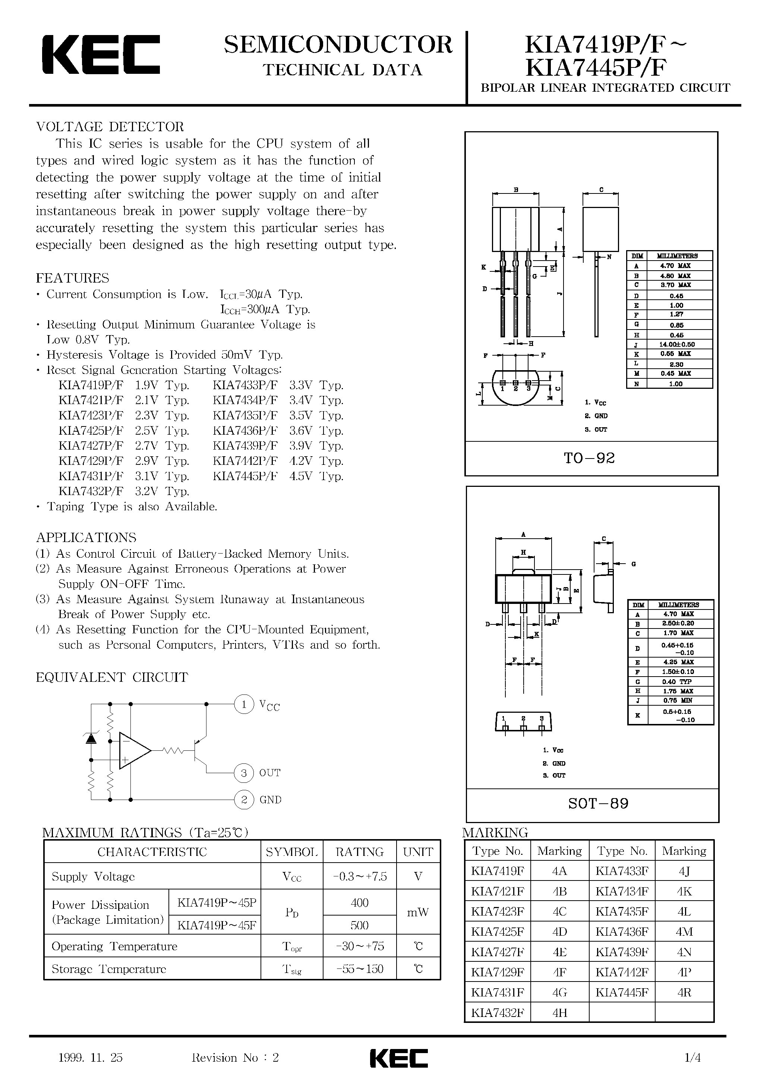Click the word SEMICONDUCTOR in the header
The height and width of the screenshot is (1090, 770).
pyautogui.click(x=338, y=45)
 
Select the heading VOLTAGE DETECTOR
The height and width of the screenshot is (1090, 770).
pyautogui.click(x=110, y=127)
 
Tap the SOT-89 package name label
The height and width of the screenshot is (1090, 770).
pyautogui.click(x=598, y=803)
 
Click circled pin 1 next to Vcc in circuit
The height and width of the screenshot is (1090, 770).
pyautogui.click(x=244, y=704)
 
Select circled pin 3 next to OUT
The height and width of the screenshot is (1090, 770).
pyautogui.click(x=244, y=773)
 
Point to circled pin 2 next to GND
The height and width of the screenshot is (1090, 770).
pyautogui.click(x=244, y=800)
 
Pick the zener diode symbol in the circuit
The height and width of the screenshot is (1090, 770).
pyautogui.click(x=91, y=738)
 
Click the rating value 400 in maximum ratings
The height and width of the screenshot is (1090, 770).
pyautogui.click(x=359, y=902)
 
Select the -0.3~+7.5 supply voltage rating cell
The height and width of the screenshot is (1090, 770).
pyautogui.click(x=359, y=876)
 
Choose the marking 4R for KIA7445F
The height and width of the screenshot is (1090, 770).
pyautogui.click(x=684, y=992)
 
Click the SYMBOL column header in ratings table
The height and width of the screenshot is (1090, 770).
pyautogui.click(x=291, y=852)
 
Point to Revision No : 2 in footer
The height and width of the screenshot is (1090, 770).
pyautogui.click(x=235, y=1058)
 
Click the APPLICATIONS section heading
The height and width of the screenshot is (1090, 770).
pyautogui.click(x=86, y=538)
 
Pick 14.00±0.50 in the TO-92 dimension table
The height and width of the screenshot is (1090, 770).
pyautogui.click(x=676, y=344)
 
